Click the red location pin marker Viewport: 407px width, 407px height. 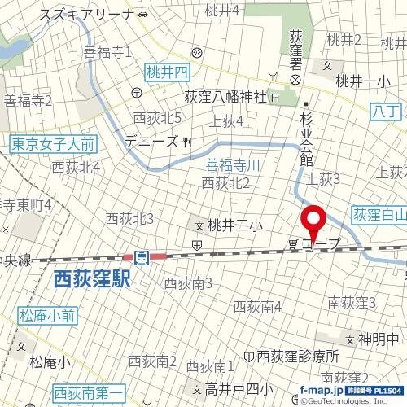[313, 221]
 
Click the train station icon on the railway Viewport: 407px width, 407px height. [142, 258]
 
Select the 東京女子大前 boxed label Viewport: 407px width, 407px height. [54, 144]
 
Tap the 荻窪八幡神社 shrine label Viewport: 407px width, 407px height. [226, 96]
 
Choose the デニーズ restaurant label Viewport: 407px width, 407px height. [151, 142]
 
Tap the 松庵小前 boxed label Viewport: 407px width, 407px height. [46, 313]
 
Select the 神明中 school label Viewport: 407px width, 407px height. [379, 339]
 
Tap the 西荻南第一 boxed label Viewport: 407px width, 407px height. [84, 392]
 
